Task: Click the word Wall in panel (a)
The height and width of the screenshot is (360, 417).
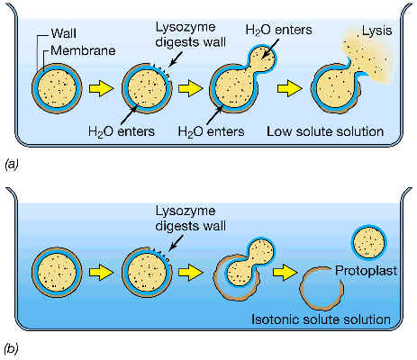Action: point(63,33)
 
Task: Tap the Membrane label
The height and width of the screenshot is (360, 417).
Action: point(83,50)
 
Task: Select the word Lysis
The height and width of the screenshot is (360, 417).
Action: point(377,31)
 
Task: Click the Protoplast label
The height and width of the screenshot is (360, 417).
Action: point(366,271)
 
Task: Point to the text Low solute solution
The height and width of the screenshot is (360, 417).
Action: point(325,131)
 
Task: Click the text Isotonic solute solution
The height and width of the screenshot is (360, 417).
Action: point(321,319)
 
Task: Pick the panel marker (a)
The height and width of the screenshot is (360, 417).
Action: point(12,165)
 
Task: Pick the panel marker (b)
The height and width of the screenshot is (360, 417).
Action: point(12,348)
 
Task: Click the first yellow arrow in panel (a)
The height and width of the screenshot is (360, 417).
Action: point(102,88)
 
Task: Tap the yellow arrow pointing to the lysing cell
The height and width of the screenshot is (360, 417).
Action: point(290,88)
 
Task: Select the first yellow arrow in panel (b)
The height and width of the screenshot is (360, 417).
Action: point(102,273)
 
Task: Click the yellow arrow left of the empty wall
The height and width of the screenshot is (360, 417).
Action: point(286,273)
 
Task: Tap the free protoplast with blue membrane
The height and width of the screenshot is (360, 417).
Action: point(369,242)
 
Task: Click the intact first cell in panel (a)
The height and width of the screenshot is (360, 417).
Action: point(57,88)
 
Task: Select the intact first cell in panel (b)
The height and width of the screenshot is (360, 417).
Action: point(57,272)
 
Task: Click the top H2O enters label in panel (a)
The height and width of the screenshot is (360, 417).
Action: point(278,30)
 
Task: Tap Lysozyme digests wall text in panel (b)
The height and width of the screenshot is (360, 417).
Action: point(190,218)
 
